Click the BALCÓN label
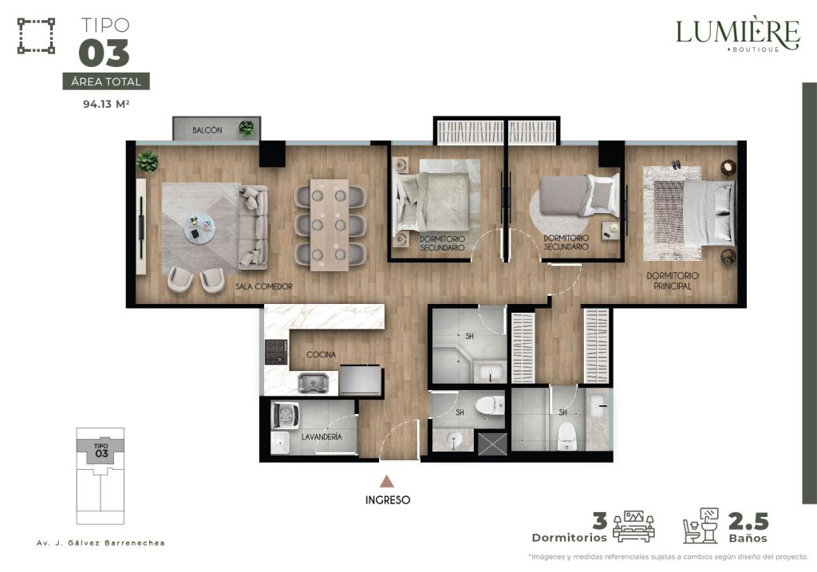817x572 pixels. (207, 130)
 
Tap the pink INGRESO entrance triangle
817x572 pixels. (387, 481)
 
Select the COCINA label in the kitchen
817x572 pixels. (321, 354)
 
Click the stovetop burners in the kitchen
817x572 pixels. (276, 352)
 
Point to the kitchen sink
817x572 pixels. (313, 384)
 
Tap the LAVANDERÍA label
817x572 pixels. (322, 436)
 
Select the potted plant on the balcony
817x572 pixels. (247, 128)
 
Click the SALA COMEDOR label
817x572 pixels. (263, 286)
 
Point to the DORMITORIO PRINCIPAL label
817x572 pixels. (673, 281)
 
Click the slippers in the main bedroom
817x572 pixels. (676, 164)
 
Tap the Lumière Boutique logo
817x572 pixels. (737, 34)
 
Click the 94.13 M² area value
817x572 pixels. (106, 104)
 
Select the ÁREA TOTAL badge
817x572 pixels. (106, 81)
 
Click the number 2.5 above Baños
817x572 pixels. (748, 521)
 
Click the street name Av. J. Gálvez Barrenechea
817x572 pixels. (101, 542)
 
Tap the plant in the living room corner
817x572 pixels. (148, 161)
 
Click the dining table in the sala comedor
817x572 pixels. (330, 225)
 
